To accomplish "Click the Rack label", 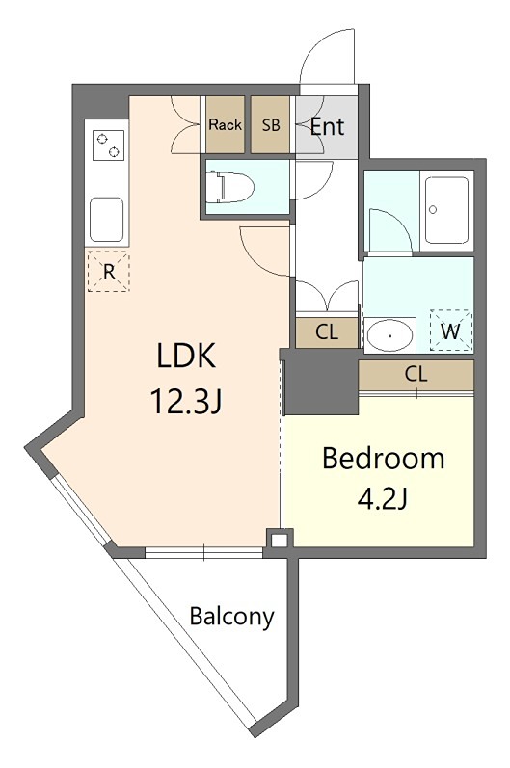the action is click(x=225, y=125).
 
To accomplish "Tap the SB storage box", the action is click(x=270, y=124).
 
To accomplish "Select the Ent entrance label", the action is click(x=327, y=127).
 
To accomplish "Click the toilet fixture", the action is click(x=229, y=186).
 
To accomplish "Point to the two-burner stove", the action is click(x=108, y=146).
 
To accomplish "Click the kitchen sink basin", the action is click(x=106, y=220).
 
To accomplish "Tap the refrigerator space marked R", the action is click(x=109, y=271).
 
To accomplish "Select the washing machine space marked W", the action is click(x=451, y=331).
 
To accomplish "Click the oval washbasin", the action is click(x=389, y=335).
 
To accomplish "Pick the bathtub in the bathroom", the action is click(x=446, y=210).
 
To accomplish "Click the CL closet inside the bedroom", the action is click(x=416, y=375).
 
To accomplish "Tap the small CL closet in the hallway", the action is click(x=327, y=332).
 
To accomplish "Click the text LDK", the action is click(x=186, y=356).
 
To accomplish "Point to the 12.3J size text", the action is click(x=186, y=401).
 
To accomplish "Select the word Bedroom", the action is click(x=384, y=459).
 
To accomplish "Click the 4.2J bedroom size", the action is click(x=383, y=498).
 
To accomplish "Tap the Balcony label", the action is click(x=231, y=616).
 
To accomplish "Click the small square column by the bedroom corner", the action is click(x=280, y=541).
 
